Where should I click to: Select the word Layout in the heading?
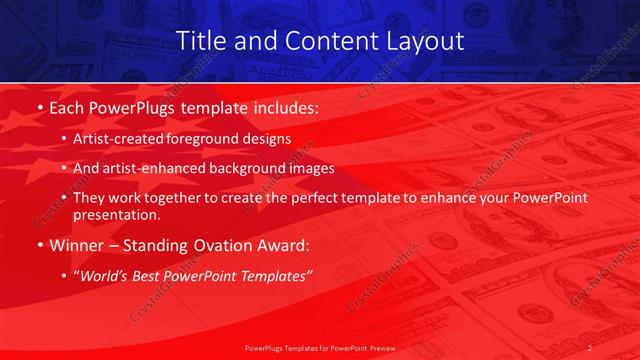pos(425,41)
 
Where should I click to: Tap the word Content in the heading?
pos(323,41)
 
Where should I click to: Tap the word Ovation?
pos(219,245)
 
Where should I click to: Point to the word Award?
pos(282,245)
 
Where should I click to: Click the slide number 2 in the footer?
pos(591,349)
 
